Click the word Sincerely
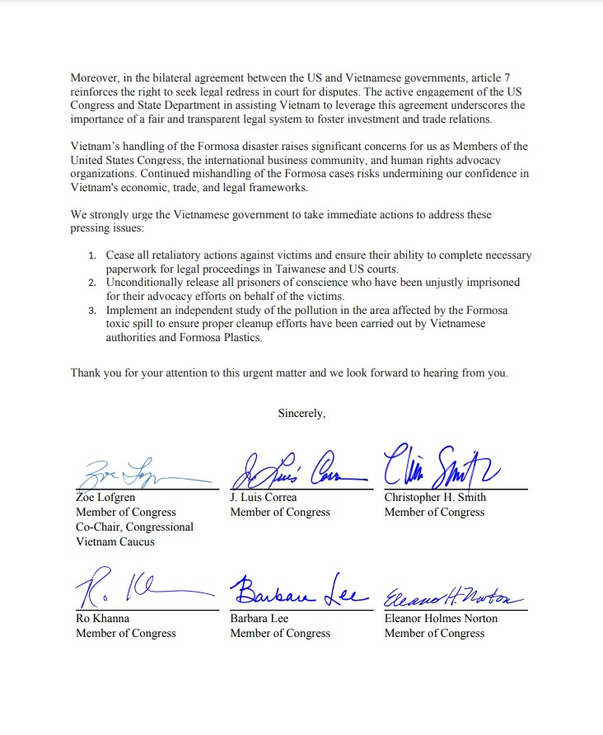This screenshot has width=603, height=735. [x=301, y=414]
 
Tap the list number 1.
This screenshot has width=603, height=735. [x=92, y=255]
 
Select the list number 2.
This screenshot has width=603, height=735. [x=92, y=283]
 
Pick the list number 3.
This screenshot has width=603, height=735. [x=92, y=311]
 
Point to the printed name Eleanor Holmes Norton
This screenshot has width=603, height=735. [x=441, y=618]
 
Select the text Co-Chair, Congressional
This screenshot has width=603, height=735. [x=134, y=527]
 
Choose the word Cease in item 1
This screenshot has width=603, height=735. [x=121, y=255]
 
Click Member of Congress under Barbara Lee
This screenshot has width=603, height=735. [x=280, y=633]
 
